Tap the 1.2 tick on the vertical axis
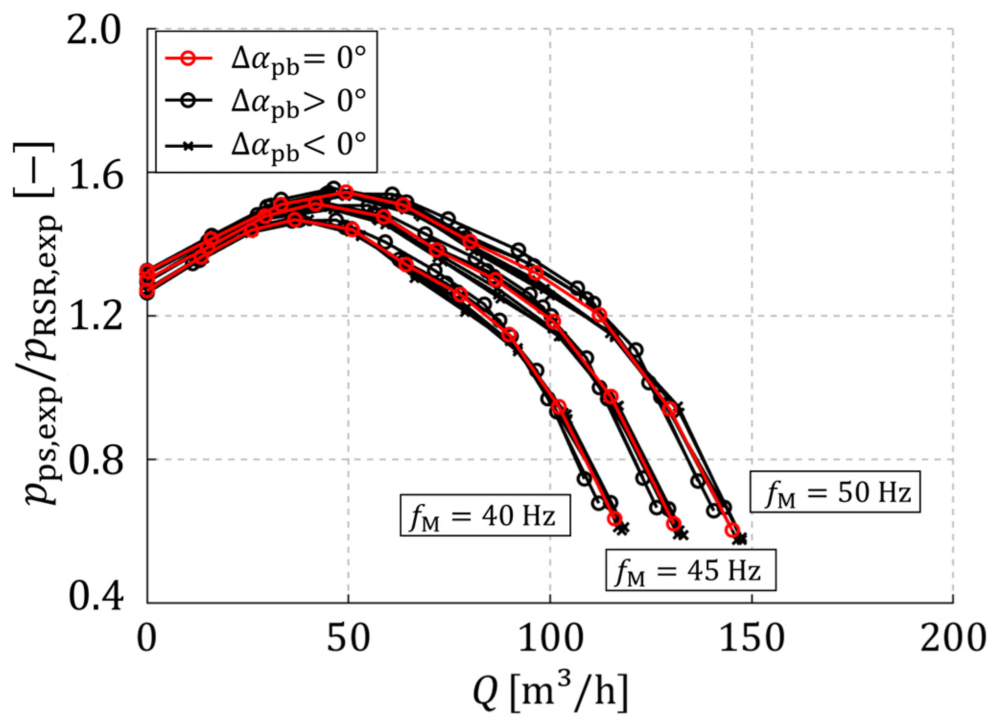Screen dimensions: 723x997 (94, 316)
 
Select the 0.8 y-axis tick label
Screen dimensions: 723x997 (94, 459)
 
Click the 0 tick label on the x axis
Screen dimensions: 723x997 (147, 638)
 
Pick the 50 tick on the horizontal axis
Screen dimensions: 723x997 (348, 638)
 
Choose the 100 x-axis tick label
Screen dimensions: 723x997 (551, 638)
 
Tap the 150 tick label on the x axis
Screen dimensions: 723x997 (751, 638)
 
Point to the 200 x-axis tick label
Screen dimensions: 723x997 (953, 638)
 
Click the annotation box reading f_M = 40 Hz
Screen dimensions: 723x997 (485, 515)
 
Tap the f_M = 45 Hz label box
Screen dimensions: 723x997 (691, 570)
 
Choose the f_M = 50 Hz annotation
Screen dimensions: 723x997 (835, 492)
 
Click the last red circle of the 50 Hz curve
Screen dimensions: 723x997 (732, 530)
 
